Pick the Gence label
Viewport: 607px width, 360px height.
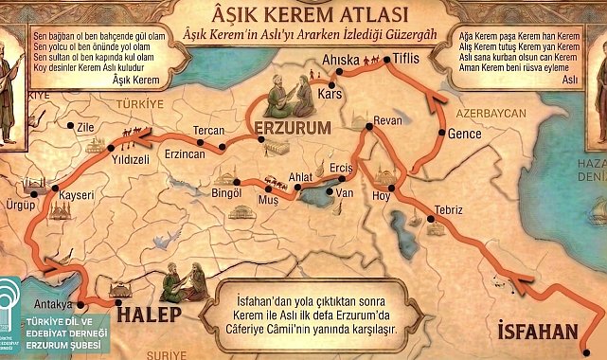tap(465, 133)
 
